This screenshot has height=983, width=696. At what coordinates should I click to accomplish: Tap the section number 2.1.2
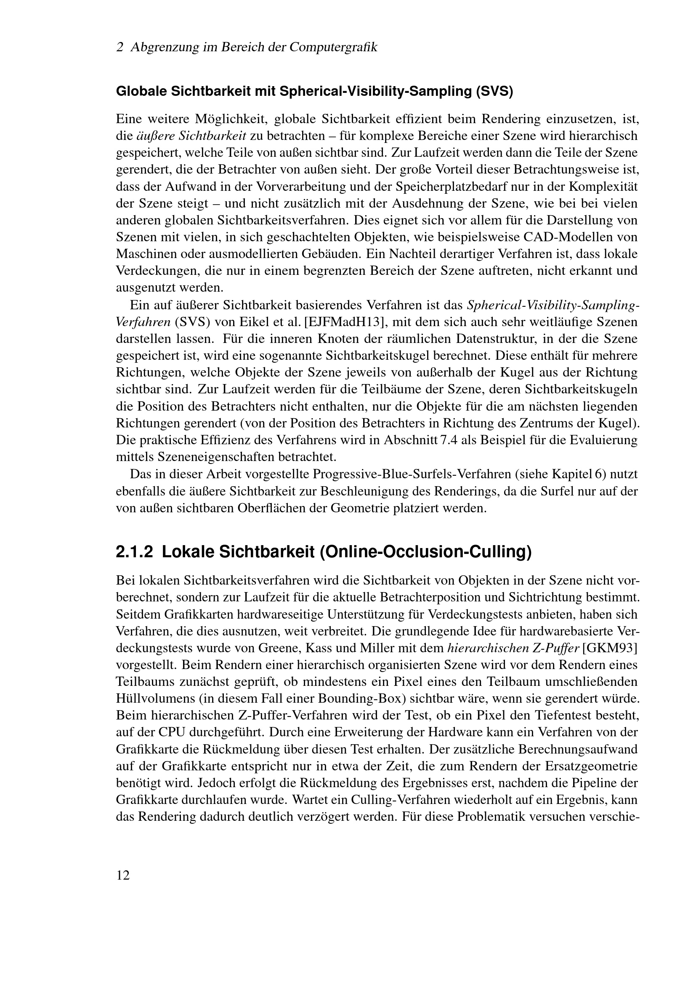click(x=134, y=552)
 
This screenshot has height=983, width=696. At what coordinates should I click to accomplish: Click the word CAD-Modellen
click(x=565, y=237)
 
